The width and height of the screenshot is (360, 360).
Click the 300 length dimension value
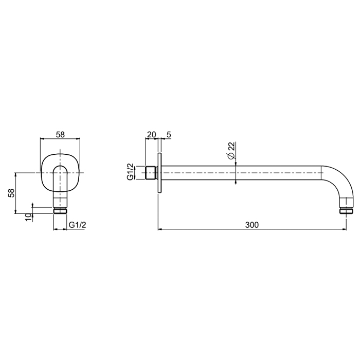(x=252, y=225)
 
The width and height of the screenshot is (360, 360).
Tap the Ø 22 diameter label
(x=231, y=150)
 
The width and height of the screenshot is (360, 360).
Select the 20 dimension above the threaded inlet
(x=151, y=135)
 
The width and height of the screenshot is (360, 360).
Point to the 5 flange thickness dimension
(x=169, y=135)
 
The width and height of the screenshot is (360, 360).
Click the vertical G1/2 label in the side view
(x=130, y=171)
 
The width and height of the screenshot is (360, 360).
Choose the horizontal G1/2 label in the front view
(x=78, y=225)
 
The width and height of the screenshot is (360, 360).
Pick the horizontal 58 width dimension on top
(x=60, y=135)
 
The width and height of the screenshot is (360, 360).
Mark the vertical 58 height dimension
(x=11, y=193)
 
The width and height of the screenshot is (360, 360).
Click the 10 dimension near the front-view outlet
(x=28, y=217)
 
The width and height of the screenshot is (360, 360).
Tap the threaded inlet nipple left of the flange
(x=152, y=173)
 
